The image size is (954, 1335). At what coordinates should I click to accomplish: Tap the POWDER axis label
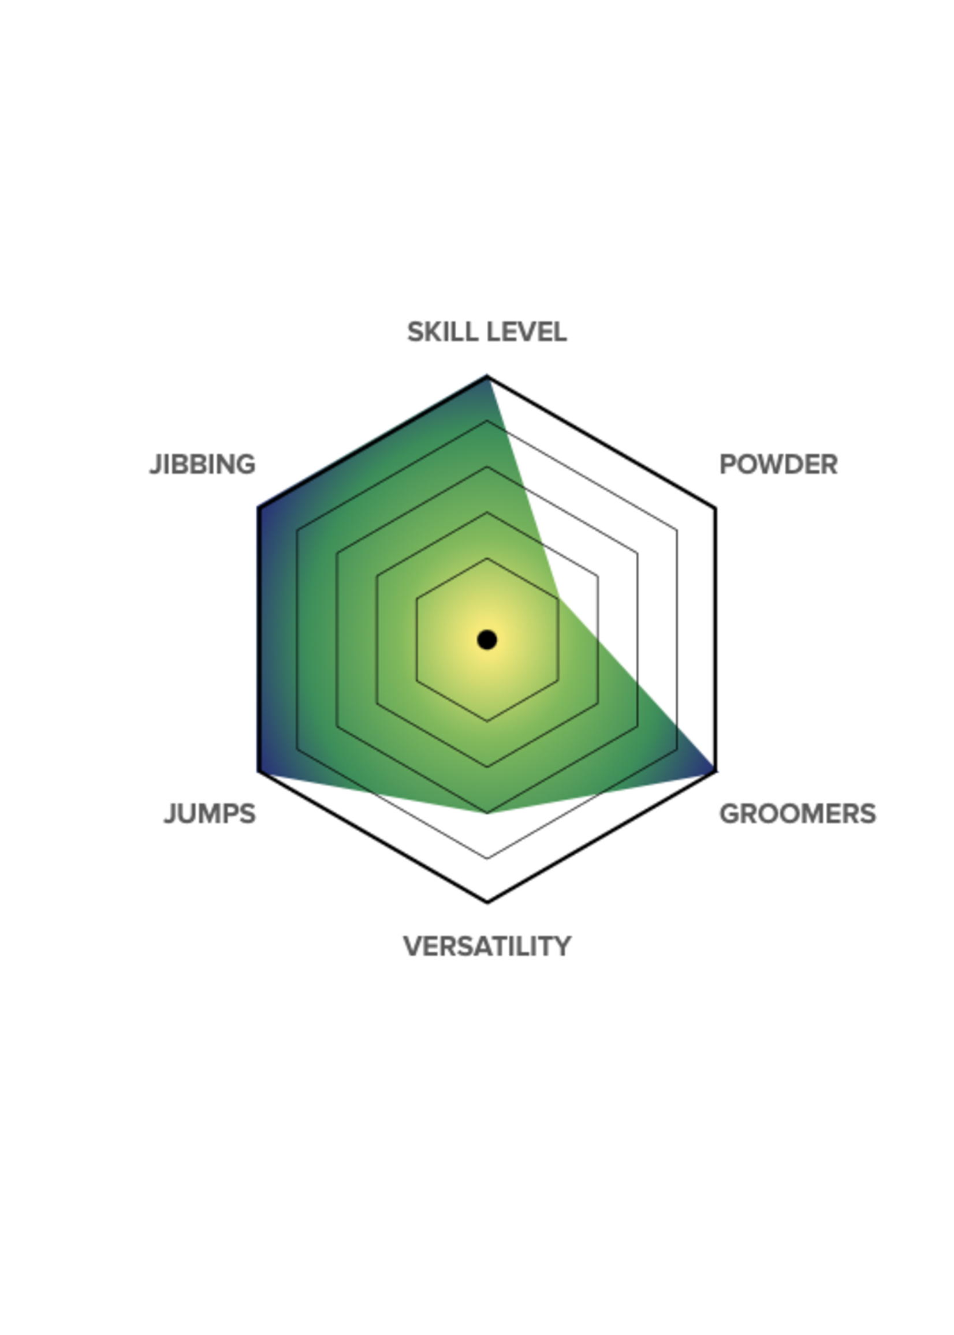point(778,465)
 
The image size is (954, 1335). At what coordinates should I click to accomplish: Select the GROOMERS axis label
point(798,814)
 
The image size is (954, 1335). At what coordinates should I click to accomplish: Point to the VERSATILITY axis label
point(487,947)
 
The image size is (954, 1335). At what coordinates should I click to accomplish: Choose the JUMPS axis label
point(210,814)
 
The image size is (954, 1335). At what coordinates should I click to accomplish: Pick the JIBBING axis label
point(203,465)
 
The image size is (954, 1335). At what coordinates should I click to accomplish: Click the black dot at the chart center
point(487,640)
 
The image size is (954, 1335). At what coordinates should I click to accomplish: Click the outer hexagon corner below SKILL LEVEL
point(487,376)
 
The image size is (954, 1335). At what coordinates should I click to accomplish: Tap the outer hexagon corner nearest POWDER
point(715,508)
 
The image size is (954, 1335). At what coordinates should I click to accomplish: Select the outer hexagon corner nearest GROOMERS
point(715,772)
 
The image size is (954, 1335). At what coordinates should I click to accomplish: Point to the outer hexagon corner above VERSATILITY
point(487,902)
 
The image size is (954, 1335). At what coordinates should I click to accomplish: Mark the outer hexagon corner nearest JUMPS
point(259,772)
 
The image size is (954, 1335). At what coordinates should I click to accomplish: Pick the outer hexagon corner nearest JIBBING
point(259,508)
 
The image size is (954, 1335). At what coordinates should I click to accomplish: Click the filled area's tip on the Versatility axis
point(487,813)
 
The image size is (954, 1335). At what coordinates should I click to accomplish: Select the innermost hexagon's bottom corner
point(487,721)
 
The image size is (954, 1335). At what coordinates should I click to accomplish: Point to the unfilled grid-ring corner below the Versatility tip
point(487,858)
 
